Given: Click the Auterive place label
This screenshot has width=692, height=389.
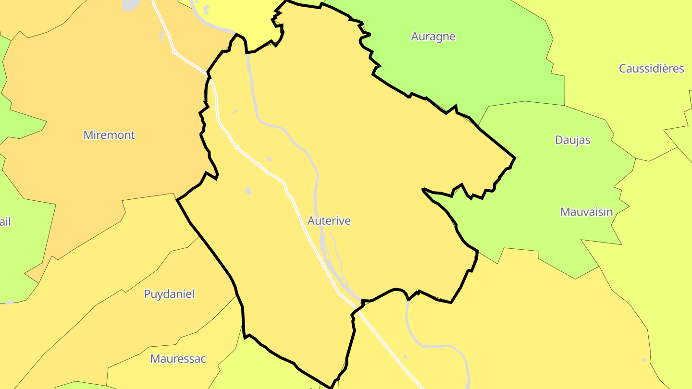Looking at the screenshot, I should pyautogui.click(x=329, y=221).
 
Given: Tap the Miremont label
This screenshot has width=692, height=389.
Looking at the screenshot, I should pyautogui.click(x=109, y=135).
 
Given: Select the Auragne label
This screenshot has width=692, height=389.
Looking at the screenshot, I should pyautogui.click(x=433, y=36).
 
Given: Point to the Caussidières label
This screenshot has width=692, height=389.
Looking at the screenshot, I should pyautogui.click(x=651, y=69).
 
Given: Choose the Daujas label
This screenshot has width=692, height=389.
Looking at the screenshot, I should pyautogui.click(x=572, y=140).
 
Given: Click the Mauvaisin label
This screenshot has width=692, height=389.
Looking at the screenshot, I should pyautogui.click(x=587, y=212).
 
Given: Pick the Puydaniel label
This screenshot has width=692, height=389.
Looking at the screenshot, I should pyautogui.click(x=169, y=294).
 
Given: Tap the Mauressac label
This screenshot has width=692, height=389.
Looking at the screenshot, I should pyautogui.click(x=178, y=359).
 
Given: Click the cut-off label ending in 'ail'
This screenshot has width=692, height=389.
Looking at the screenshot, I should pyautogui.click(x=5, y=222).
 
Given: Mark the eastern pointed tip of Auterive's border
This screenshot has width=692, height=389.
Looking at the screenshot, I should pyautogui.click(x=515, y=158).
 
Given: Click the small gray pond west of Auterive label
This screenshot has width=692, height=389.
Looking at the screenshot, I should pyautogui.click(x=247, y=191).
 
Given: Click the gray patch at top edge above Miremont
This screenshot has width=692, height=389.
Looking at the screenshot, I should pyautogui.click(x=130, y=5).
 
